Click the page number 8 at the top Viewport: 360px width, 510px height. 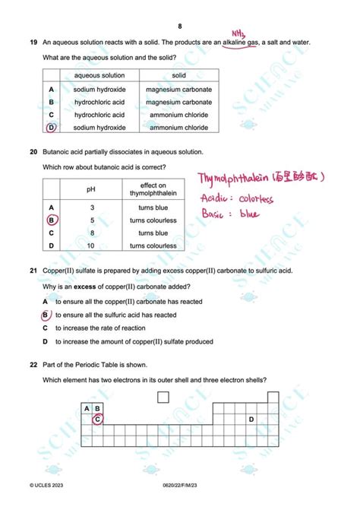point(180,27)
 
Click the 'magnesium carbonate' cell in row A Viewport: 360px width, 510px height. point(179,89)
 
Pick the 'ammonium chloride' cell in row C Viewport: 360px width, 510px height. point(179,115)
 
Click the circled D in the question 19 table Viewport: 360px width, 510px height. point(52,128)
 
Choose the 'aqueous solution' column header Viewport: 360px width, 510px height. point(99,75)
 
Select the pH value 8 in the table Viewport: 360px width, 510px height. point(92,233)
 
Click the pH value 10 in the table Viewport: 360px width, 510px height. point(91,245)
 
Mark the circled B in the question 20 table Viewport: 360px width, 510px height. point(52,220)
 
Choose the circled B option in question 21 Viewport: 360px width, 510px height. point(46,315)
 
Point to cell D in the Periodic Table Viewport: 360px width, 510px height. point(251,419)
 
